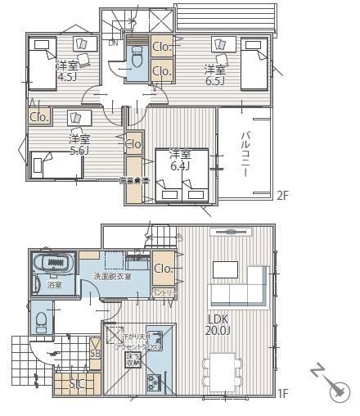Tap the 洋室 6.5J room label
[x=215, y=75]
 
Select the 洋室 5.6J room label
[x=79, y=145]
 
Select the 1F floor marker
[x=281, y=394]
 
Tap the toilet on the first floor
[x=40, y=319]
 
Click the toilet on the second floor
[x=137, y=57]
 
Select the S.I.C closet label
[x=77, y=383]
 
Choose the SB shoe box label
[x=95, y=354]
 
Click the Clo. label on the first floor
[x=162, y=268]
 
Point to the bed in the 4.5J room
[x=43, y=64]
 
